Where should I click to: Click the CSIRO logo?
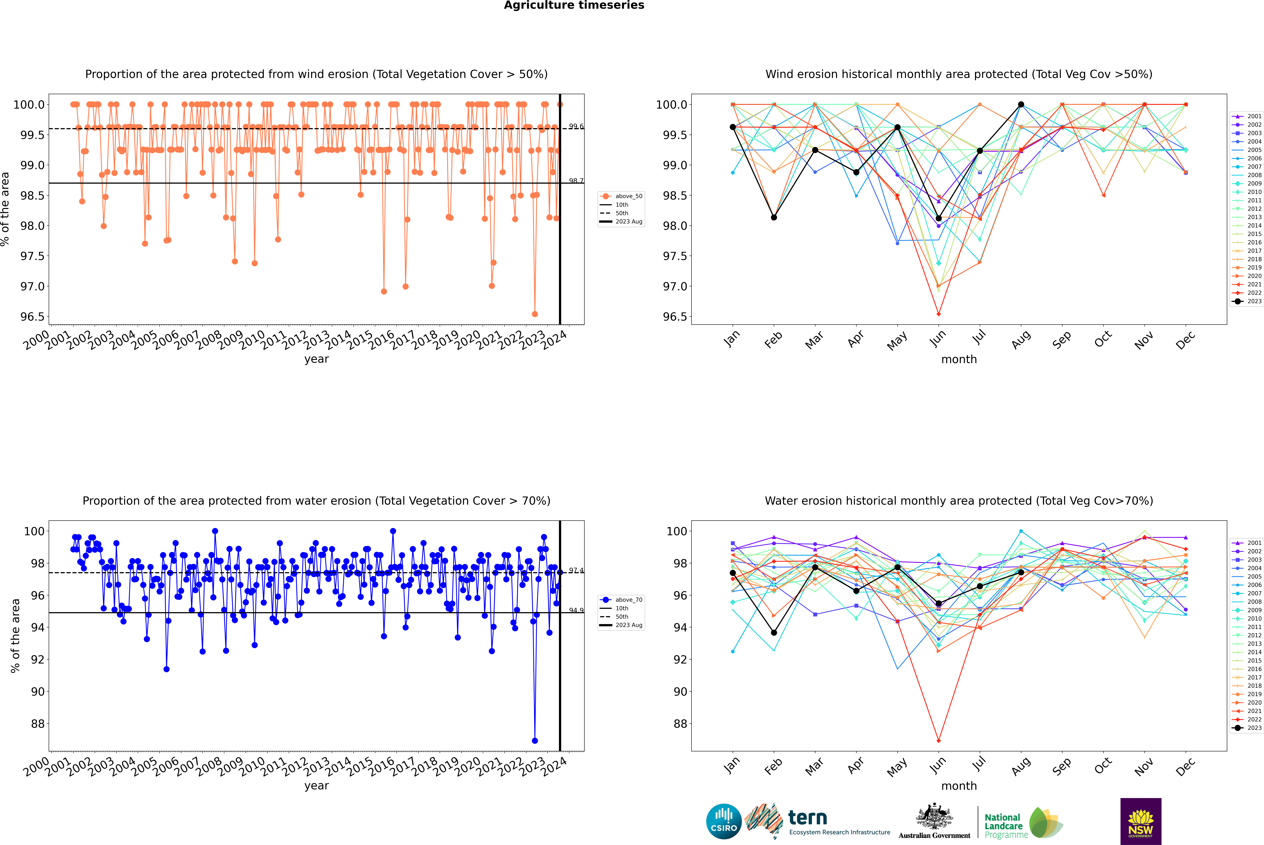coord(724,821)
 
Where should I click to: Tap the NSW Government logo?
coord(1141,821)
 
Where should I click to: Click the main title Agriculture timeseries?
coord(574,5)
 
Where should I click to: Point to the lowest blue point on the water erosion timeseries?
coord(534,740)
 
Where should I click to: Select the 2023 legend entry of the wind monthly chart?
coord(1247,301)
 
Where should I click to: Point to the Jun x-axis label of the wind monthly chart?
coord(938,338)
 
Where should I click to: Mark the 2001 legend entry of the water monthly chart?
coord(1247,543)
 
